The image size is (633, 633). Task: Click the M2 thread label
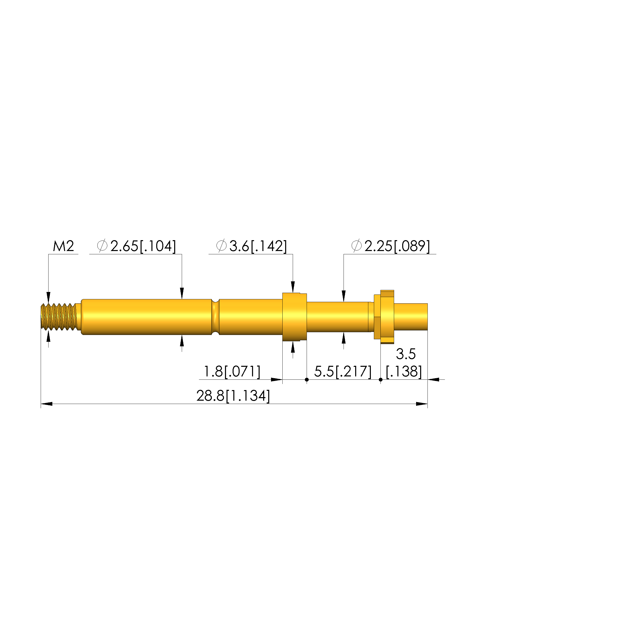63,246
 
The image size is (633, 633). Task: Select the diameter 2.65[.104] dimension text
137,246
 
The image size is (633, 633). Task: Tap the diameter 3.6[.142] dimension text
252,246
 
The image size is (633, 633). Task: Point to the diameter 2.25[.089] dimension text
391,246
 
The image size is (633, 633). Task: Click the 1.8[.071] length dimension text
232,372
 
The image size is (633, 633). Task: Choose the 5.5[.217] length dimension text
343,372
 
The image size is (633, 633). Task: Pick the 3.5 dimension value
406,354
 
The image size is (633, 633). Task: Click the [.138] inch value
404,372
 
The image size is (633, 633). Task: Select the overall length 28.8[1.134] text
233,396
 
